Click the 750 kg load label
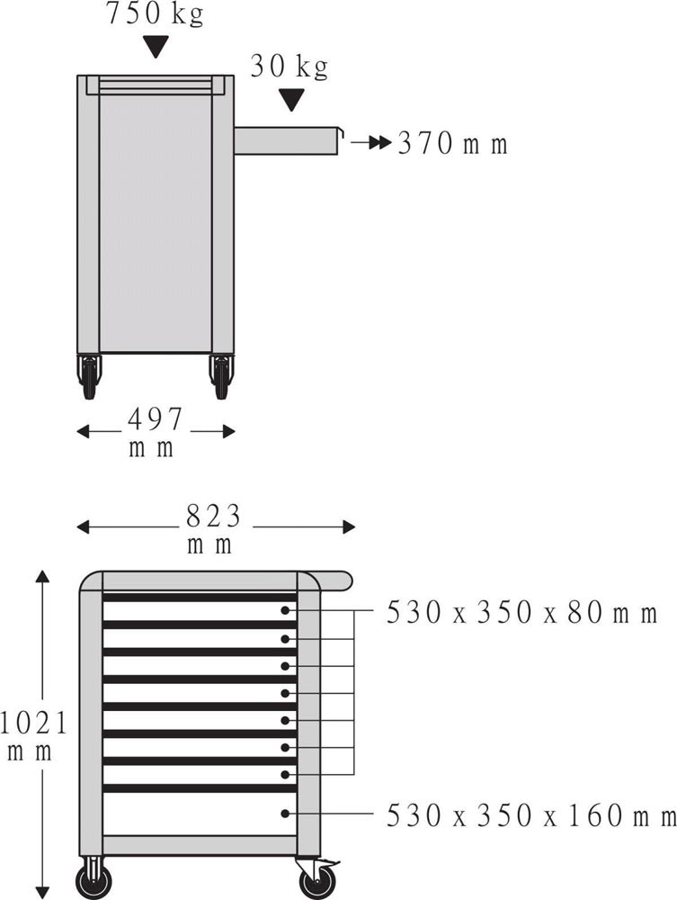(155, 13)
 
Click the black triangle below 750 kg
(156, 47)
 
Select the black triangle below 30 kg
(292, 100)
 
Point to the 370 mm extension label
(453, 143)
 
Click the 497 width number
(155, 418)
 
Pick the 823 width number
(213, 516)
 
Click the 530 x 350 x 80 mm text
(521, 612)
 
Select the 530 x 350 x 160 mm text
(531, 815)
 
